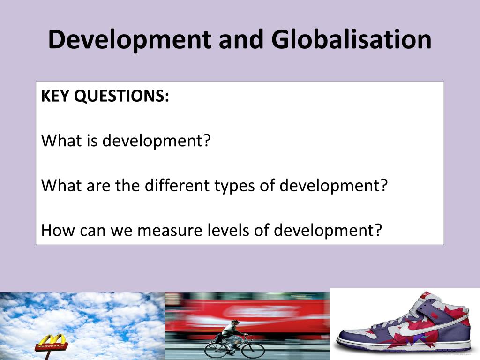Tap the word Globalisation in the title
point(351,40)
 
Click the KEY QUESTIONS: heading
point(105,97)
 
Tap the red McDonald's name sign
point(51,347)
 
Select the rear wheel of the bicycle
point(216,349)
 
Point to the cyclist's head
point(235,323)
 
